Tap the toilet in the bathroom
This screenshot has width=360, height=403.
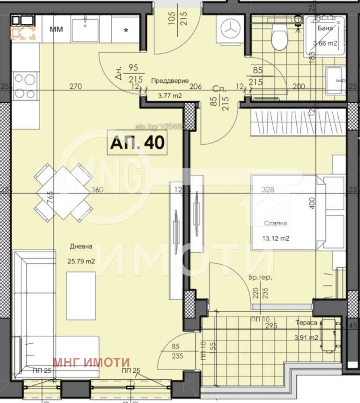(x=279, y=37)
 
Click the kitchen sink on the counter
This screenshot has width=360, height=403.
(x=85, y=29)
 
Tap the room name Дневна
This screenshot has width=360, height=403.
(x=81, y=246)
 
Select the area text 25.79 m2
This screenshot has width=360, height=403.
(x=81, y=261)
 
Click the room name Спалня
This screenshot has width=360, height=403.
(x=276, y=223)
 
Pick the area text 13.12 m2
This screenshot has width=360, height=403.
(x=276, y=238)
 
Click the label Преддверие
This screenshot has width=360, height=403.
(x=170, y=81)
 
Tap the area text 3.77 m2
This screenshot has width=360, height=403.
(x=170, y=96)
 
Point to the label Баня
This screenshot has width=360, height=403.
(x=325, y=29)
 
